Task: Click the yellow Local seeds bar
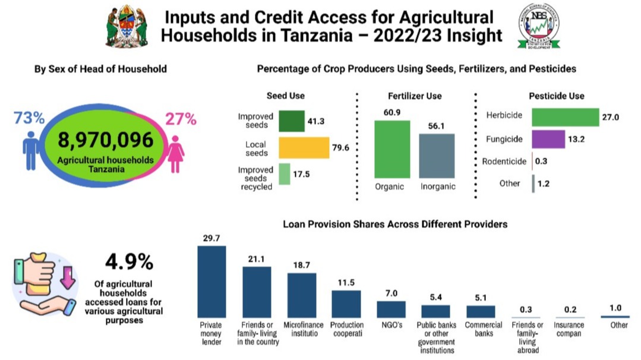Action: (304, 147)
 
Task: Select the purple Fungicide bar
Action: (548, 139)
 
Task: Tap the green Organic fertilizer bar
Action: (392, 149)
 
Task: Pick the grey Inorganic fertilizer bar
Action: (437, 156)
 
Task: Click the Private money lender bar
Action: (211, 282)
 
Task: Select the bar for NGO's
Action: (391, 309)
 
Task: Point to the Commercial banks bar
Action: (481, 311)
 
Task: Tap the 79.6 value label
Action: (340, 148)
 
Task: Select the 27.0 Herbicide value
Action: (611, 118)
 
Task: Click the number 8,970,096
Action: (106, 140)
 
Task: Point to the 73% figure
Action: (29, 118)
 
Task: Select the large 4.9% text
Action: (129, 261)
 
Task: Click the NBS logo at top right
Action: (539, 27)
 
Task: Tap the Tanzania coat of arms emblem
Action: (127, 26)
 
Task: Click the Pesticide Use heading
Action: (557, 96)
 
